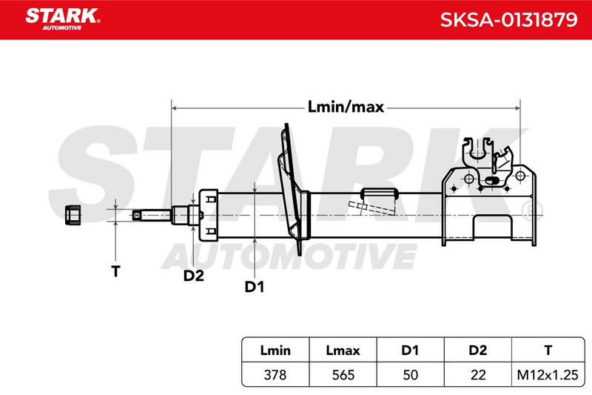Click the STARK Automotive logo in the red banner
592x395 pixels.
(63, 19)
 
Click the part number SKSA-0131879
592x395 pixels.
(508, 19)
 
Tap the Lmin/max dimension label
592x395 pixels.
(346, 107)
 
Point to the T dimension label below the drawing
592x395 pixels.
(115, 271)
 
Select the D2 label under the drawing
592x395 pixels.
(194, 276)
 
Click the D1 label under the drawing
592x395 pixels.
(255, 287)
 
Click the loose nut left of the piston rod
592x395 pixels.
(73, 215)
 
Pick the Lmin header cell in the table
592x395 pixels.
(275, 350)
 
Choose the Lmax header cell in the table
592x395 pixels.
(343, 350)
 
